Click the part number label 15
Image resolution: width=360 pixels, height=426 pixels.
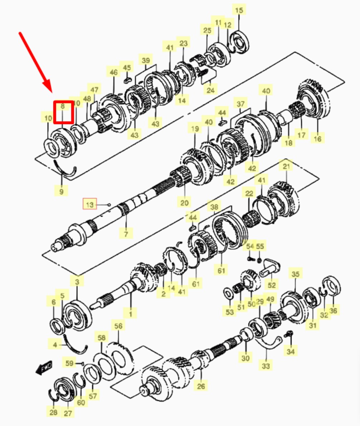click(x=239, y=10)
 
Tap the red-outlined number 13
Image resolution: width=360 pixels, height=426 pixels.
click(x=90, y=204)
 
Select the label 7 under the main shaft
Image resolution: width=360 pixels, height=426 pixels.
click(x=126, y=233)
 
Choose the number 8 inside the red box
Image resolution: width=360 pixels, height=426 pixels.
click(x=63, y=106)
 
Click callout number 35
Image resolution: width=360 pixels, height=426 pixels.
click(x=296, y=274)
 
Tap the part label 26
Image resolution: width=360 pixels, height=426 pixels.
click(x=201, y=386)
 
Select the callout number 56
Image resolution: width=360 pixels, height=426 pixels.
click(x=118, y=326)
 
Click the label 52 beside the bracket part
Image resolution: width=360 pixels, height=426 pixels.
click(x=272, y=285)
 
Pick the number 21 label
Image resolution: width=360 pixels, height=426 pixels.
click(x=286, y=166)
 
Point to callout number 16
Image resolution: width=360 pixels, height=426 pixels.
click(x=317, y=138)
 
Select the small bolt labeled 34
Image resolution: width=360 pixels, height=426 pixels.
click(x=288, y=335)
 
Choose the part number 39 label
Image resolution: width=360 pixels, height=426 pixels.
click(x=146, y=60)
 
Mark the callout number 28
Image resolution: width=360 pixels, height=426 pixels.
click(x=53, y=412)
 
